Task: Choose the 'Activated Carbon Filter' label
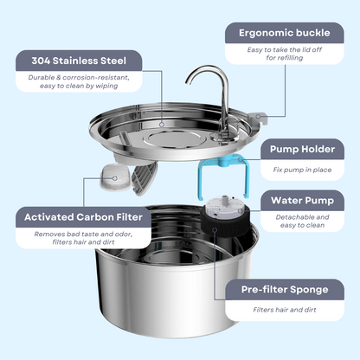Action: pos(85,216)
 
